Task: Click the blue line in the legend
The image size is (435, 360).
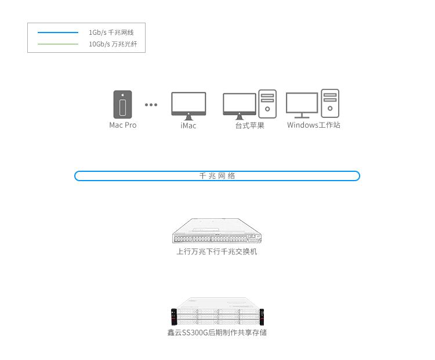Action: point(58,33)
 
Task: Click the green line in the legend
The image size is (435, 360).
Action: point(58,44)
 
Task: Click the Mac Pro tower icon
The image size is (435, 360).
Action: point(122,105)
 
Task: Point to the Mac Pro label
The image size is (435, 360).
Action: point(122,125)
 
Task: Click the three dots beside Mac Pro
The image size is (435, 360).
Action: point(151,105)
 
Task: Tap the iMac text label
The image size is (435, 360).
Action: point(188,125)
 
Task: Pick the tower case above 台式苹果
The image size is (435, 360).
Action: point(267,104)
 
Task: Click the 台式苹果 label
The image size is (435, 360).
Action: point(249,125)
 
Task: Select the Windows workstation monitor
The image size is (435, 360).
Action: point(302,105)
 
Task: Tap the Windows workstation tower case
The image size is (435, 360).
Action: point(330,103)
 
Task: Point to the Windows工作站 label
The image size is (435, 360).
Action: point(313,125)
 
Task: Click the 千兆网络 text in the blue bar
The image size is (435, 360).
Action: point(217,176)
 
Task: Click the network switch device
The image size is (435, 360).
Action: point(217,231)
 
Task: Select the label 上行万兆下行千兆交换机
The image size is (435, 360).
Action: point(217,252)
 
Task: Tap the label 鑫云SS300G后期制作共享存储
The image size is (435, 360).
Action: point(217,333)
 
